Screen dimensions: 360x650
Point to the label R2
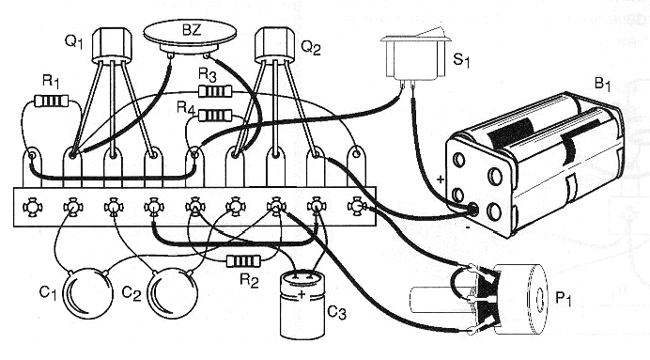click(x=247, y=280)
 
